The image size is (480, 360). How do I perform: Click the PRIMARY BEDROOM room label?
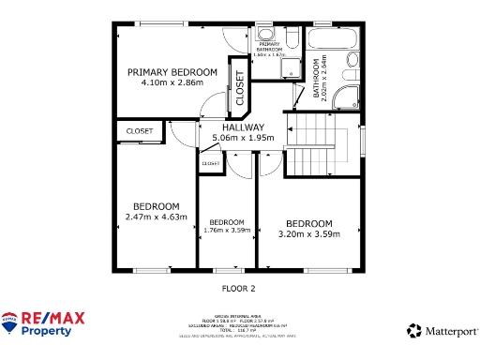[172, 72]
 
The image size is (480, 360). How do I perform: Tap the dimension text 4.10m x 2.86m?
[172, 82]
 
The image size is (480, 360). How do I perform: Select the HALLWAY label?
[243, 127]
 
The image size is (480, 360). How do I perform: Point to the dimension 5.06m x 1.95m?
[243, 138]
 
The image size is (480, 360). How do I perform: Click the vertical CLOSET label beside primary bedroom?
[239, 87]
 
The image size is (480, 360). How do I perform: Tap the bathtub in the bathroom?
[333, 42]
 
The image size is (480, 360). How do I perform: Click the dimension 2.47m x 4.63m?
[156, 217]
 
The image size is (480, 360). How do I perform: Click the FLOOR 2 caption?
[238, 288]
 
